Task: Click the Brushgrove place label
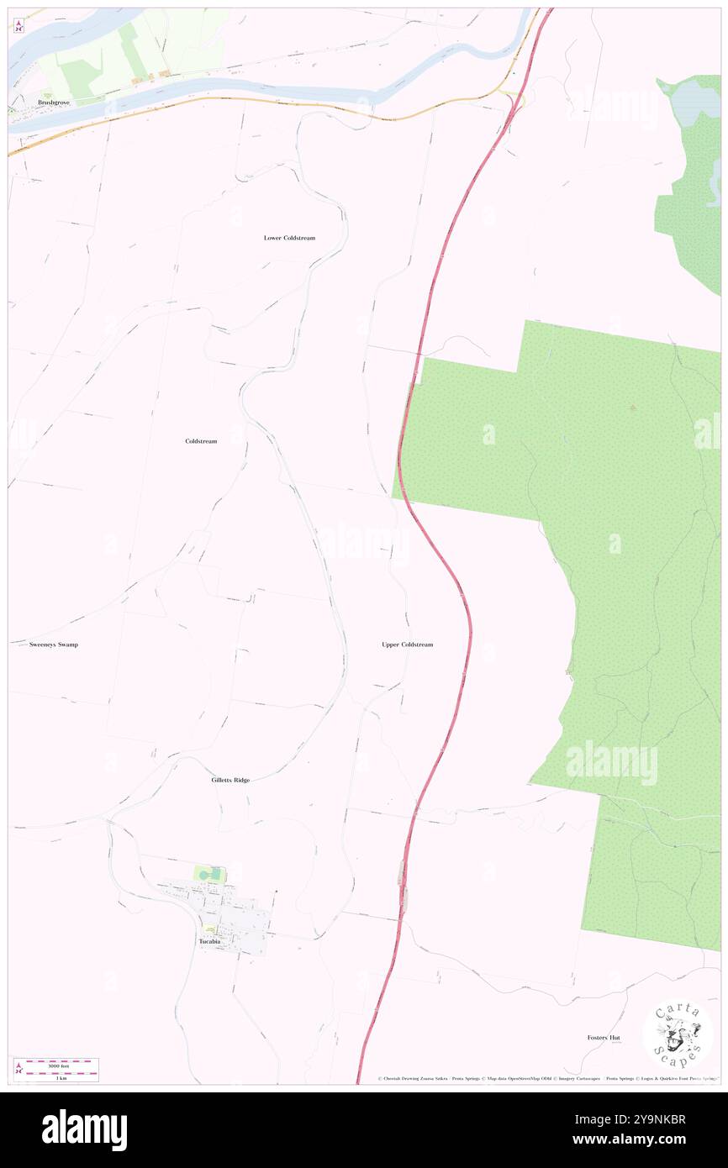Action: (53, 103)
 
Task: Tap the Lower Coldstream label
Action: (289, 238)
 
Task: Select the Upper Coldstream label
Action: (407, 645)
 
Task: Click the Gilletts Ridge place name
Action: (230, 781)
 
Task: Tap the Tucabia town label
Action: (209, 942)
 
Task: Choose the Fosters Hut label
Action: (604, 1038)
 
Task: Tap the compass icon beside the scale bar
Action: (19, 1069)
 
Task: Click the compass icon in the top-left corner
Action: (18, 26)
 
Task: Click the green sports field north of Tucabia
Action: (209, 874)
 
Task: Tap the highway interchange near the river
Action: (511, 98)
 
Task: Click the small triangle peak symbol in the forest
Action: (632, 408)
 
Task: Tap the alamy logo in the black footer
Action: (84, 1129)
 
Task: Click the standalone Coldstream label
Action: (201, 441)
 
